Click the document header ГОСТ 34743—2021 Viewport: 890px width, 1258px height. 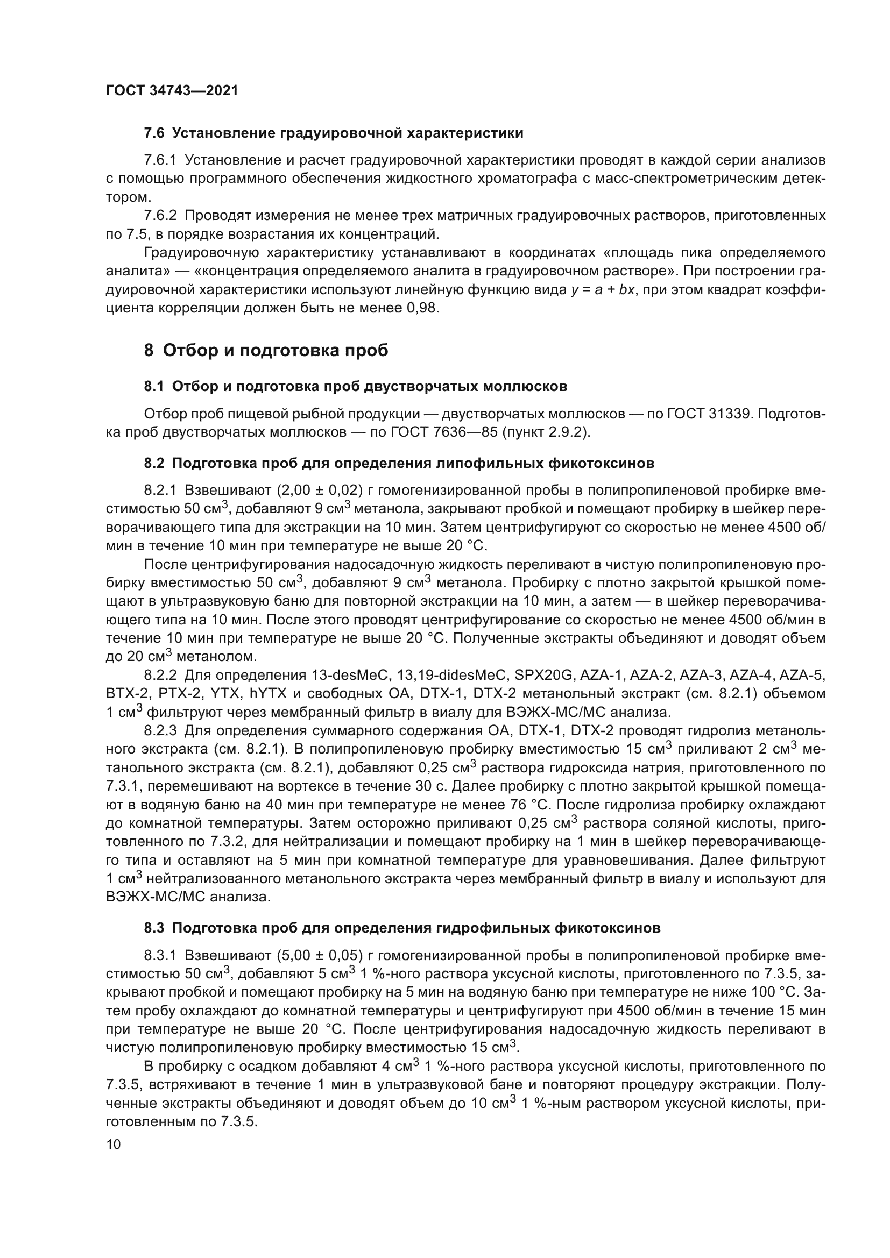(172, 91)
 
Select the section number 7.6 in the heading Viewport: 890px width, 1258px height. (154, 133)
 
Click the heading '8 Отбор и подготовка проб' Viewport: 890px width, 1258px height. (266, 350)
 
